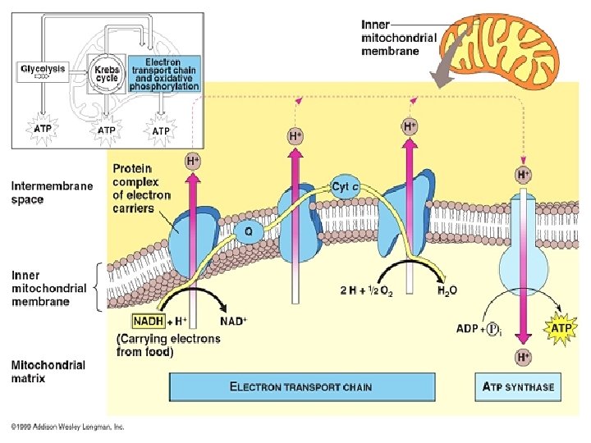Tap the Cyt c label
pos(346,187)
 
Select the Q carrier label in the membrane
pos(248,231)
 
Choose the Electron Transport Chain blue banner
pos(300,386)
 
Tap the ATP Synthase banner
pos(518,386)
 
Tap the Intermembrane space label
pos(52,193)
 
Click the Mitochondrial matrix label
pos(48,372)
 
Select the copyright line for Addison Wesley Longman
pos(67,427)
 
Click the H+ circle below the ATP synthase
pos(522,358)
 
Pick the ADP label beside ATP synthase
pos(469,329)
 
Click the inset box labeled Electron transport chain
pos(163,74)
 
